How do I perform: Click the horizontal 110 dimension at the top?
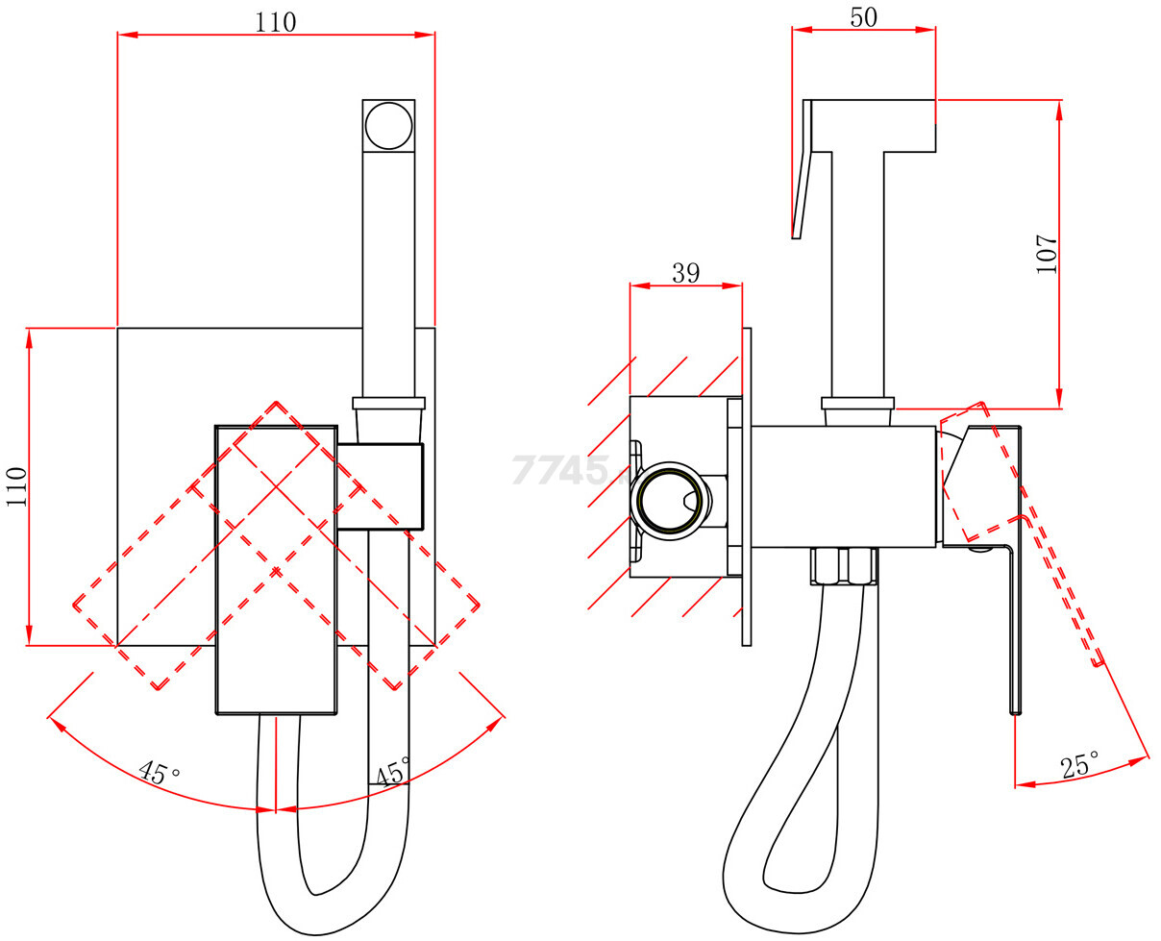tap(276, 21)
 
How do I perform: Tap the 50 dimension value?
tap(863, 16)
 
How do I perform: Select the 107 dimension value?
tap(1047, 255)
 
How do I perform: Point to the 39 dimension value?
tap(685, 273)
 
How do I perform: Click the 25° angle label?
tap(1080, 766)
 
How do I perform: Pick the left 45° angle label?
tap(160, 772)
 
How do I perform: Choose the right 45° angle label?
tap(393, 772)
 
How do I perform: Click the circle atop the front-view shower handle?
tap(389, 125)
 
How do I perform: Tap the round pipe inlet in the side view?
tap(670, 500)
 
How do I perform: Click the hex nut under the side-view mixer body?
tap(845, 566)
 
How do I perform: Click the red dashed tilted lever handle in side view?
tap(1048, 567)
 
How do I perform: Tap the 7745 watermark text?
tap(561, 470)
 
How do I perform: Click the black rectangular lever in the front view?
tap(276, 569)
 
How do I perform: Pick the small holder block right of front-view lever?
tap(381, 486)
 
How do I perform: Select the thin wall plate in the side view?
tap(747, 486)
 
